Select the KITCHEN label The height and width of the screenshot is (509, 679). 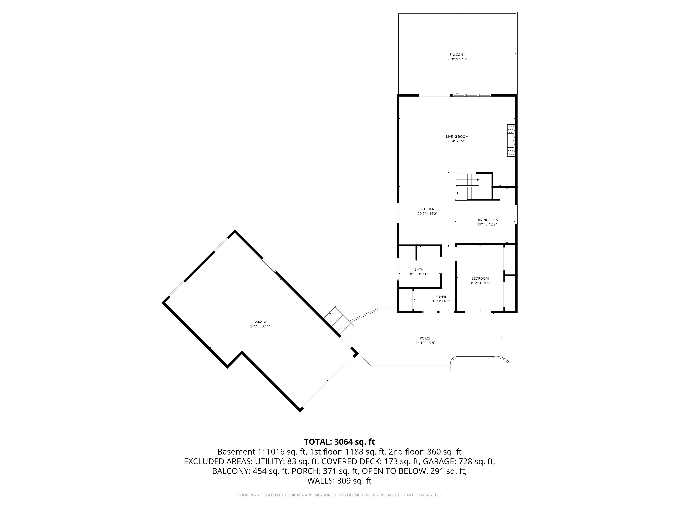427,209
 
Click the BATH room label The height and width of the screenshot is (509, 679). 419,269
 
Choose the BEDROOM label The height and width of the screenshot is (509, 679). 480,278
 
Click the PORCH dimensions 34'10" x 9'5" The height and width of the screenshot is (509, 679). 425,343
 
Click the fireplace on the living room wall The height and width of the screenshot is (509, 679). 511,140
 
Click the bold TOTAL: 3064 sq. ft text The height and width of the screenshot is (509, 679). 339,442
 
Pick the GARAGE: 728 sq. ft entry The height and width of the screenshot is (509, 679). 459,461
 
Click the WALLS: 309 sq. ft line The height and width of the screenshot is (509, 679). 339,481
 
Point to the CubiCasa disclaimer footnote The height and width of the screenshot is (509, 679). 339,495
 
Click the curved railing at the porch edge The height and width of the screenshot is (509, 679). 479,358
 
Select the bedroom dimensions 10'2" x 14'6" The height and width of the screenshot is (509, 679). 480,283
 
